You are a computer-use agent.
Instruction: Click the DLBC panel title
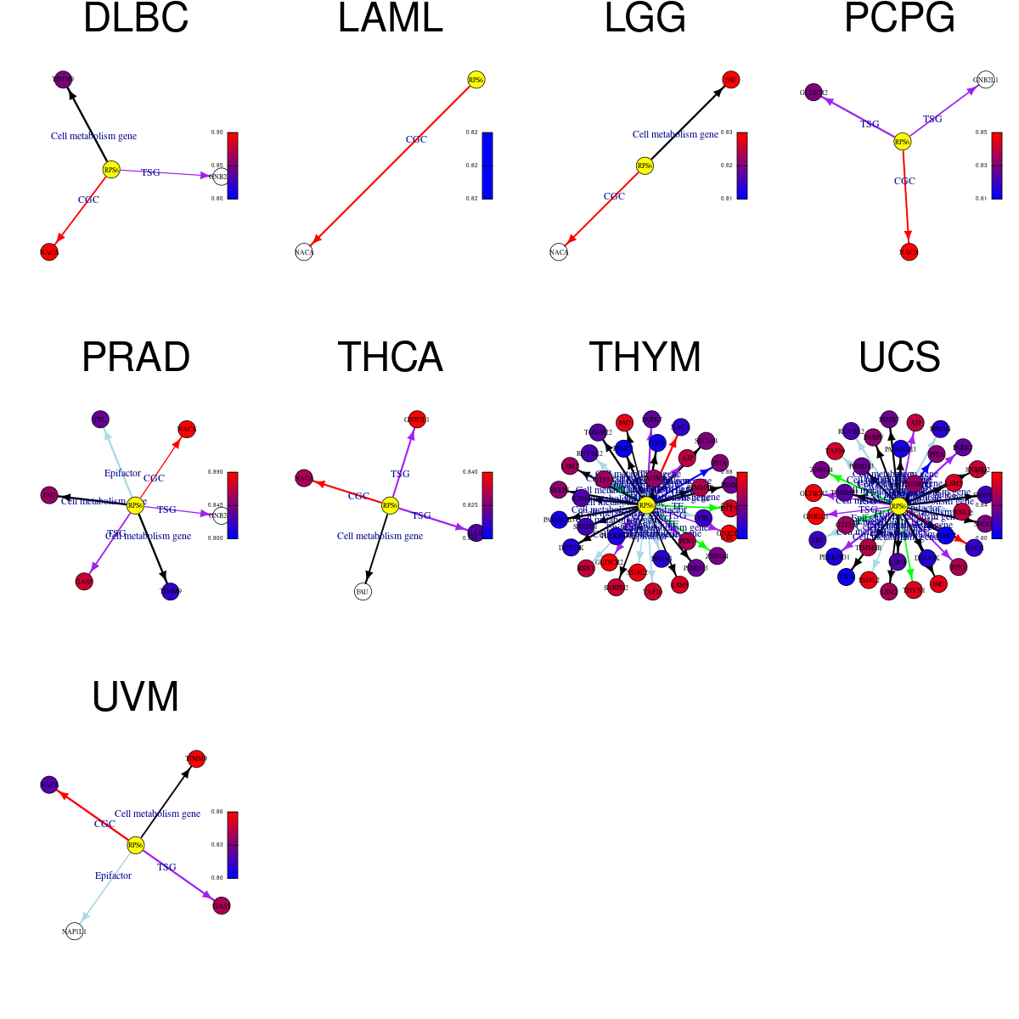[136, 19]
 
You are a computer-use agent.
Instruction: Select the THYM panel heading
[645, 357]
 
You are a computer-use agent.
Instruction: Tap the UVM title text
[136, 696]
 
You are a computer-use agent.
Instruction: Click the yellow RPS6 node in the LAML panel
[476, 80]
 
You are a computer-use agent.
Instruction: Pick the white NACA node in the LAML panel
[304, 251]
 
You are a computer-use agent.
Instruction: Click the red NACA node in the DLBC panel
[49, 251]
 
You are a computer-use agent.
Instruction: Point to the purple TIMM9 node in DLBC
[62, 79]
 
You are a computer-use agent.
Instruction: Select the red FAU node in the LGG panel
[730, 80]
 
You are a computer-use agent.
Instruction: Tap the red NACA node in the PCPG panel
[909, 251]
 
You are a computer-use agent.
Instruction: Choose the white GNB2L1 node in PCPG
[985, 80]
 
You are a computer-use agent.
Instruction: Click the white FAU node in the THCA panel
[363, 591]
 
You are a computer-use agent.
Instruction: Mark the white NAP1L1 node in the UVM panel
[75, 931]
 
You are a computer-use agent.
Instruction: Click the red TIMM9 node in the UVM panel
[196, 758]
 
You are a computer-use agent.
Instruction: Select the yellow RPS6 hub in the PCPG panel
[902, 142]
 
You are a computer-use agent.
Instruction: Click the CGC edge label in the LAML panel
[416, 139]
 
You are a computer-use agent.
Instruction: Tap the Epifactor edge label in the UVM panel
[113, 875]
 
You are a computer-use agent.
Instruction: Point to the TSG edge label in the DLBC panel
[150, 172]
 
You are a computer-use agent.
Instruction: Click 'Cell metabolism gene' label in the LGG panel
[675, 134]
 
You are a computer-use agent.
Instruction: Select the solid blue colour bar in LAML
[487, 166]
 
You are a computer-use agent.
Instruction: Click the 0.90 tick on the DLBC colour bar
[217, 132]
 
